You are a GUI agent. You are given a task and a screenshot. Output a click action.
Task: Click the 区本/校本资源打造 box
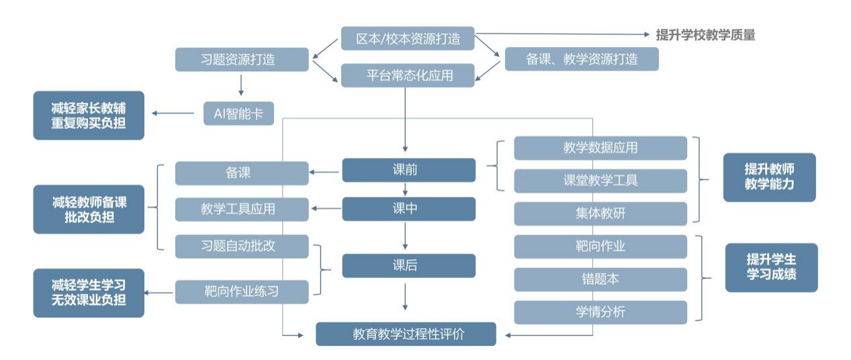(408, 38)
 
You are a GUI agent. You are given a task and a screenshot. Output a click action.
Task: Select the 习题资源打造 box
(242, 59)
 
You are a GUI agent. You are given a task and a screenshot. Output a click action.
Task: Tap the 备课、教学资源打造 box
(582, 59)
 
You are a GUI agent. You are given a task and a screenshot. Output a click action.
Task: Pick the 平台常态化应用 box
(408, 75)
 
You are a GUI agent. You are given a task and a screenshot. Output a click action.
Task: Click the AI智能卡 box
(239, 114)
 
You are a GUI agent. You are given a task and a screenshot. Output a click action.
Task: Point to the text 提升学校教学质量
(705, 35)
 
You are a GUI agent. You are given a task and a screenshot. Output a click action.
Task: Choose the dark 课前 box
(408, 171)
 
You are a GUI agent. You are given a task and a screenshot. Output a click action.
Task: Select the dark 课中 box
(408, 209)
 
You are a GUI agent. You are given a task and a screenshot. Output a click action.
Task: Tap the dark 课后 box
(408, 266)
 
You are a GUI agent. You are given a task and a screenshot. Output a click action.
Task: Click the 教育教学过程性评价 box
(406, 334)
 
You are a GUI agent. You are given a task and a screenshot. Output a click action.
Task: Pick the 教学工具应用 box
(242, 209)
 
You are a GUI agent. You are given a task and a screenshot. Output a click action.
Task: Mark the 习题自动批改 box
(242, 246)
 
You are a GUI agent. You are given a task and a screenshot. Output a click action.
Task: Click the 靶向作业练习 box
(242, 291)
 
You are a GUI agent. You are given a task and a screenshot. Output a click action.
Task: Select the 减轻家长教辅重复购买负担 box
(89, 116)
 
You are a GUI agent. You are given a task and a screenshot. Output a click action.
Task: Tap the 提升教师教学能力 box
(769, 177)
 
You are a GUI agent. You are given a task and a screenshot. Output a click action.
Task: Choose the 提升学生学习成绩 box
(771, 267)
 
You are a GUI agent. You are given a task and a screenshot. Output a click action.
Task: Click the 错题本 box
(600, 279)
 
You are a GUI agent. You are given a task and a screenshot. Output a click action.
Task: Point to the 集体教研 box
(600, 214)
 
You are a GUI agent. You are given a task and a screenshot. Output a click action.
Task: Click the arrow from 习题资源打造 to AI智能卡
(241, 85)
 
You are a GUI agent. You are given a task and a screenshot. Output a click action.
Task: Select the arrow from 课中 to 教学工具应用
(326, 209)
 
